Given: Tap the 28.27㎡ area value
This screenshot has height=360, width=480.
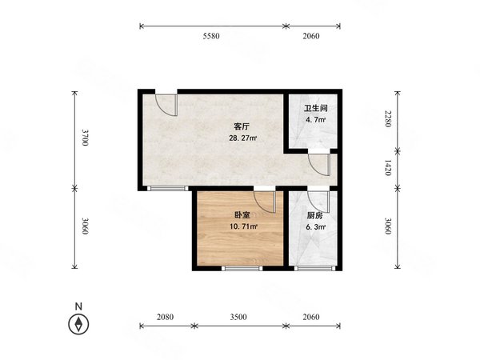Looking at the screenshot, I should tap(243, 138).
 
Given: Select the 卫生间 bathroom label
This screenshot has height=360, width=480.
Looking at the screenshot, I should tap(314, 110).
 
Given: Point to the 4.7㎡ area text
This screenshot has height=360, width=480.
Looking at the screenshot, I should tap(314, 121).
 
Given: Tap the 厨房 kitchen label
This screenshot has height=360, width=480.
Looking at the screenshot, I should tap(314, 215).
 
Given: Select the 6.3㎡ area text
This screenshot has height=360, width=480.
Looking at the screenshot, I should tap(314, 226).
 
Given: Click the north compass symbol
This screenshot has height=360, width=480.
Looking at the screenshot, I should tap(78, 324).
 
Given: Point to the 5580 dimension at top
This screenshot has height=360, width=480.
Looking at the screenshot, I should tap(211, 37).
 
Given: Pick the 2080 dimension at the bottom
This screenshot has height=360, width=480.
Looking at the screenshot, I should tap(165, 317).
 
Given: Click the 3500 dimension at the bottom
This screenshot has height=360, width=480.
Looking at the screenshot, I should tap(238, 317).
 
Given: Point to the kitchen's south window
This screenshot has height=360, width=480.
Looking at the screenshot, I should tap(309, 269).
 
